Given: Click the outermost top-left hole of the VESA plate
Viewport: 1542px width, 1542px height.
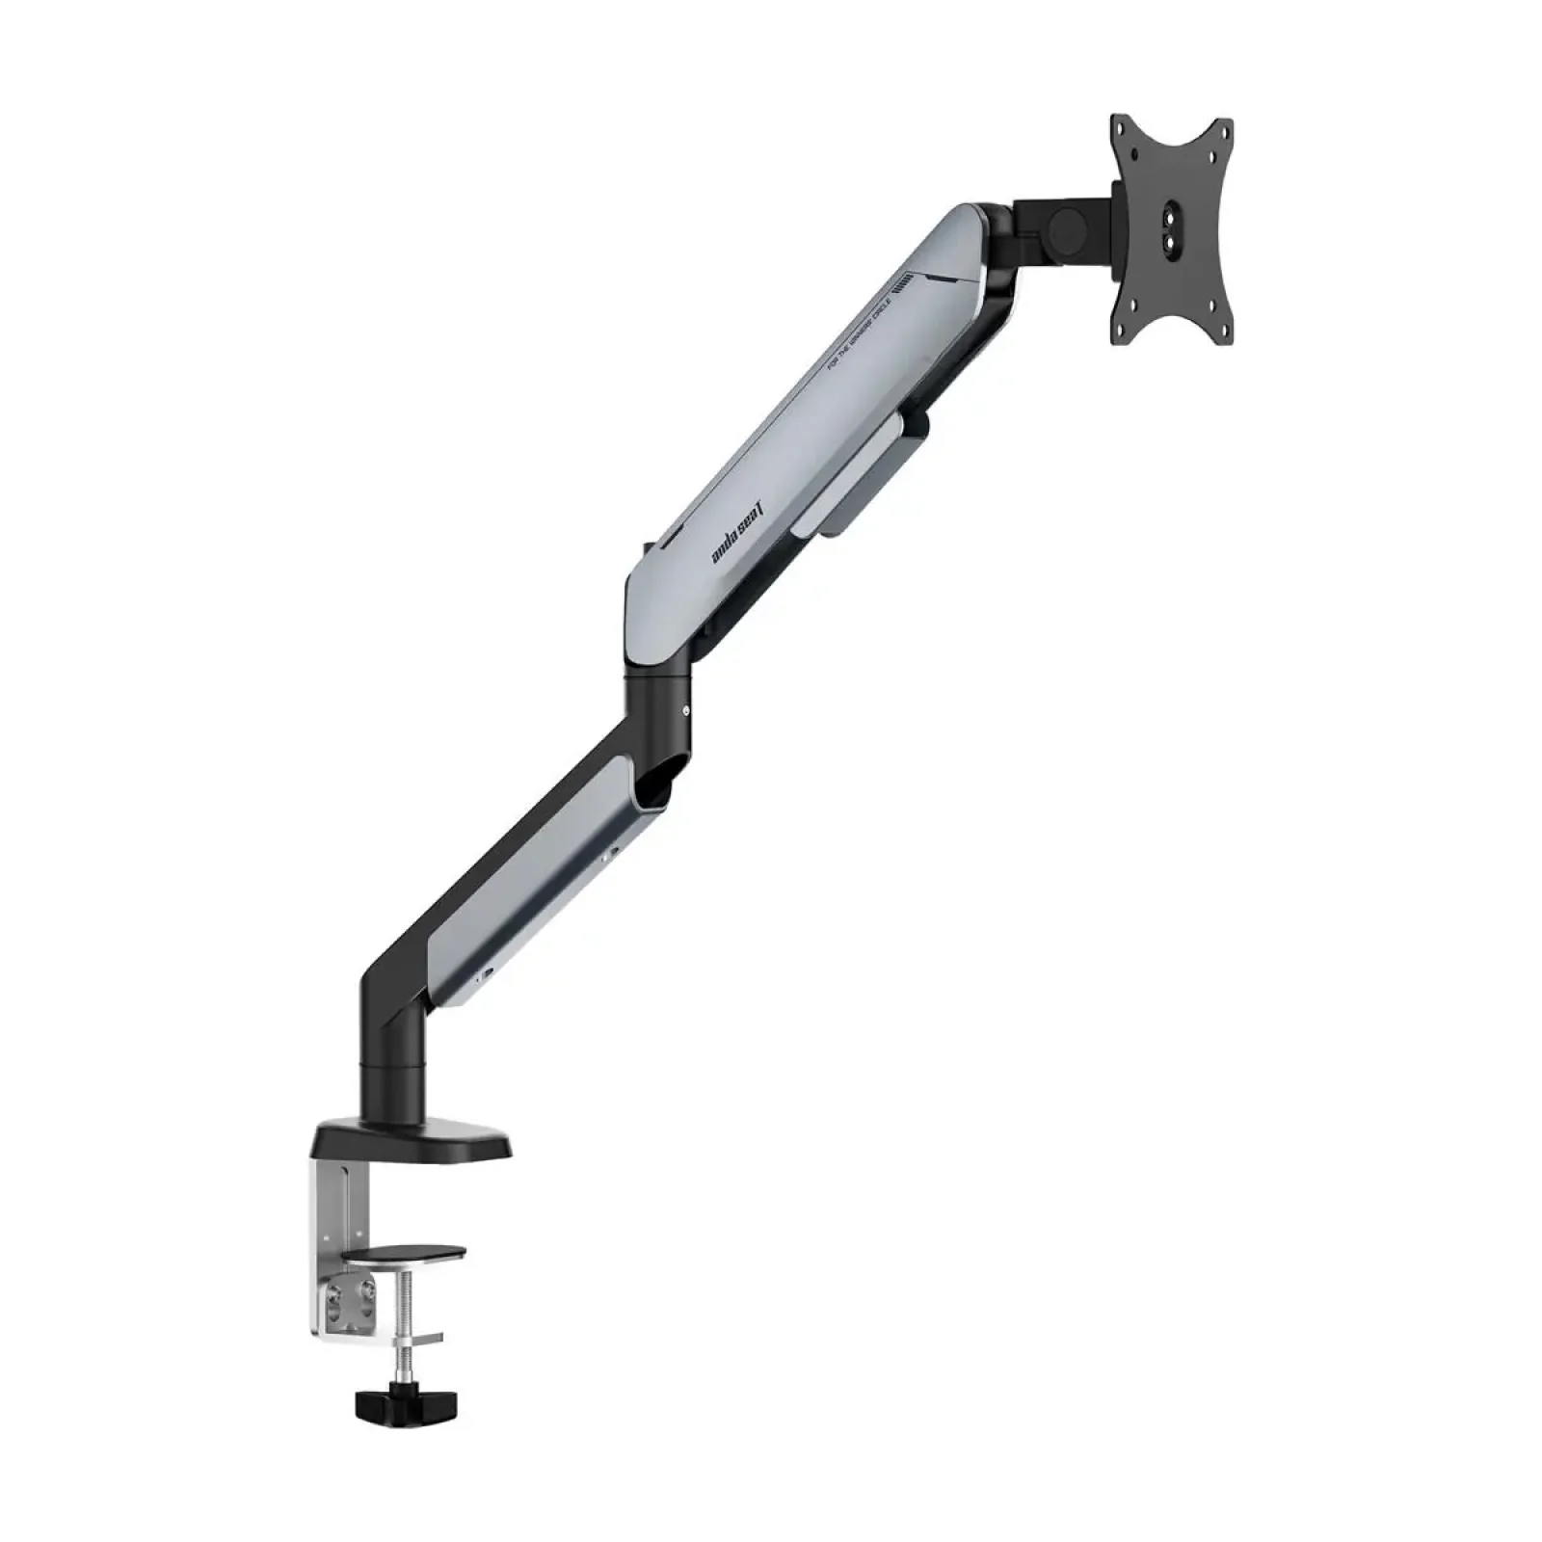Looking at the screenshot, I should point(1119,124).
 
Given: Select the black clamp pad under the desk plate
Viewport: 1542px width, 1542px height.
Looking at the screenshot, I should point(409,1253).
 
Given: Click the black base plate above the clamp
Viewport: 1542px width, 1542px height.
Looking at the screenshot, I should point(410,1142).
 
